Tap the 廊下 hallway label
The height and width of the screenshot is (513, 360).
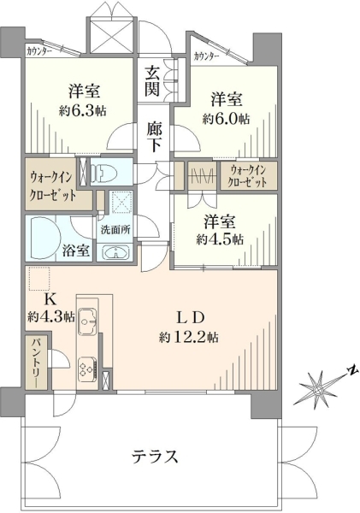click(x=154, y=137)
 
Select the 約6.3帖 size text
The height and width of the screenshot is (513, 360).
click(x=82, y=111)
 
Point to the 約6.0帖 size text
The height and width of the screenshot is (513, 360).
click(x=226, y=119)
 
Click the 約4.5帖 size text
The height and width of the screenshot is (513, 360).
click(x=220, y=239)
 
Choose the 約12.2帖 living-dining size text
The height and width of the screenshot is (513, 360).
click(x=189, y=337)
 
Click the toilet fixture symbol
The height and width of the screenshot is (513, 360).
click(x=103, y=172)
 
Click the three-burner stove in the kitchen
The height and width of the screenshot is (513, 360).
click(x=87, y=369)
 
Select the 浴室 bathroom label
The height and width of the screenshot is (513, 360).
click(x=75, y=251)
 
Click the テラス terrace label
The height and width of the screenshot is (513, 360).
click(x=155, y=456)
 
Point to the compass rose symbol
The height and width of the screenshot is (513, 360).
click(x=317, y=390)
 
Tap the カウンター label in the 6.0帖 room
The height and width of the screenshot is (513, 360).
click(x=206, y=56)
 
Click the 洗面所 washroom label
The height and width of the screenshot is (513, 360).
click(x=115, y=229)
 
